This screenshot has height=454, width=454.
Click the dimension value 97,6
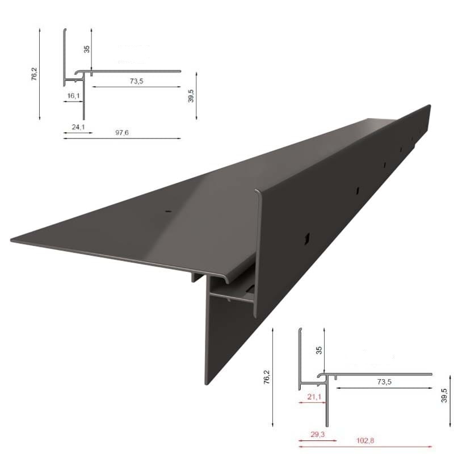click(122, 133)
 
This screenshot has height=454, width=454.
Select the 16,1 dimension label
click(74, 95)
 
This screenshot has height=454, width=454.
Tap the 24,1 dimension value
click(78, 127)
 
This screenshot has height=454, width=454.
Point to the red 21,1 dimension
click(314, 396)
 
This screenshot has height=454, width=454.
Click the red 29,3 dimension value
click(318, 434)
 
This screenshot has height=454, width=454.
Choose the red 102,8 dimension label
click(365, 440)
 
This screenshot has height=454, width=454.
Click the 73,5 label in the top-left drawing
click(136, 81)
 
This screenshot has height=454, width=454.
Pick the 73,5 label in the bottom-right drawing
click(384, 381)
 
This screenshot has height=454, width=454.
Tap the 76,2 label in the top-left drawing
click(35, 74)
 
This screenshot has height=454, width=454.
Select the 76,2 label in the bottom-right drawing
click(267, 377)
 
